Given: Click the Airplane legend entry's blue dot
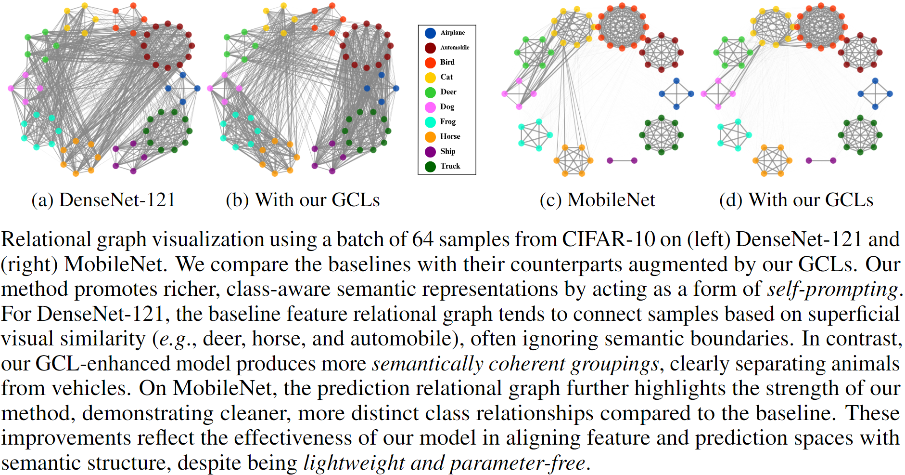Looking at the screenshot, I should pyautogui.click(x=430, y=33).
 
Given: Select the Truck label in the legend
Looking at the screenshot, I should pyautogui.click(x=450, y=166).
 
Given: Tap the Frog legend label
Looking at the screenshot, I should pyautogui.click(x=447, y=122).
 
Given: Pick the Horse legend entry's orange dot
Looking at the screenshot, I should pyautogui.click(x=430, y=137).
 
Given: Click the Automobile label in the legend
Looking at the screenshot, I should pyautogui.click(x=455, y=48).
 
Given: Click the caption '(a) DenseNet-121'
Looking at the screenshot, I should pyautogui.click(x=103, y=200).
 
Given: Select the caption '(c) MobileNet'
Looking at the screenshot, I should pyautogui.click(x=597, y=200).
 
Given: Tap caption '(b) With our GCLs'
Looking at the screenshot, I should pyautogui.click(x=303, y=200).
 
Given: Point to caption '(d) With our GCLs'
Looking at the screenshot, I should pyautogui.click(x=796, y=200).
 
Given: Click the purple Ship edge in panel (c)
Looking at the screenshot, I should pyautogui.click(x=622, y=160).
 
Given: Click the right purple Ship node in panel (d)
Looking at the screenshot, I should pyautogui.click(x=833, y=160).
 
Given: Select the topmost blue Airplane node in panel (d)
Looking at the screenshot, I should pyautogui.click(x=875, y=81).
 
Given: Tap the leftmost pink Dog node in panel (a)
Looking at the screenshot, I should pyautogui.click(x=11, y=88).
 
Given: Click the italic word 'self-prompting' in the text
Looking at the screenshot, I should pyautogui.click(x=832, y=289).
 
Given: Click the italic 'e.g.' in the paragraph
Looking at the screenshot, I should pyautogui.click(x=172, y=339).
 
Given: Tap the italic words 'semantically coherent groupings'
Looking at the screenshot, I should pyautogui.click(x=515, y=364).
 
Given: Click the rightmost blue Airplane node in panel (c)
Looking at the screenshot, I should pyautogui.click(x=691, y=94).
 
